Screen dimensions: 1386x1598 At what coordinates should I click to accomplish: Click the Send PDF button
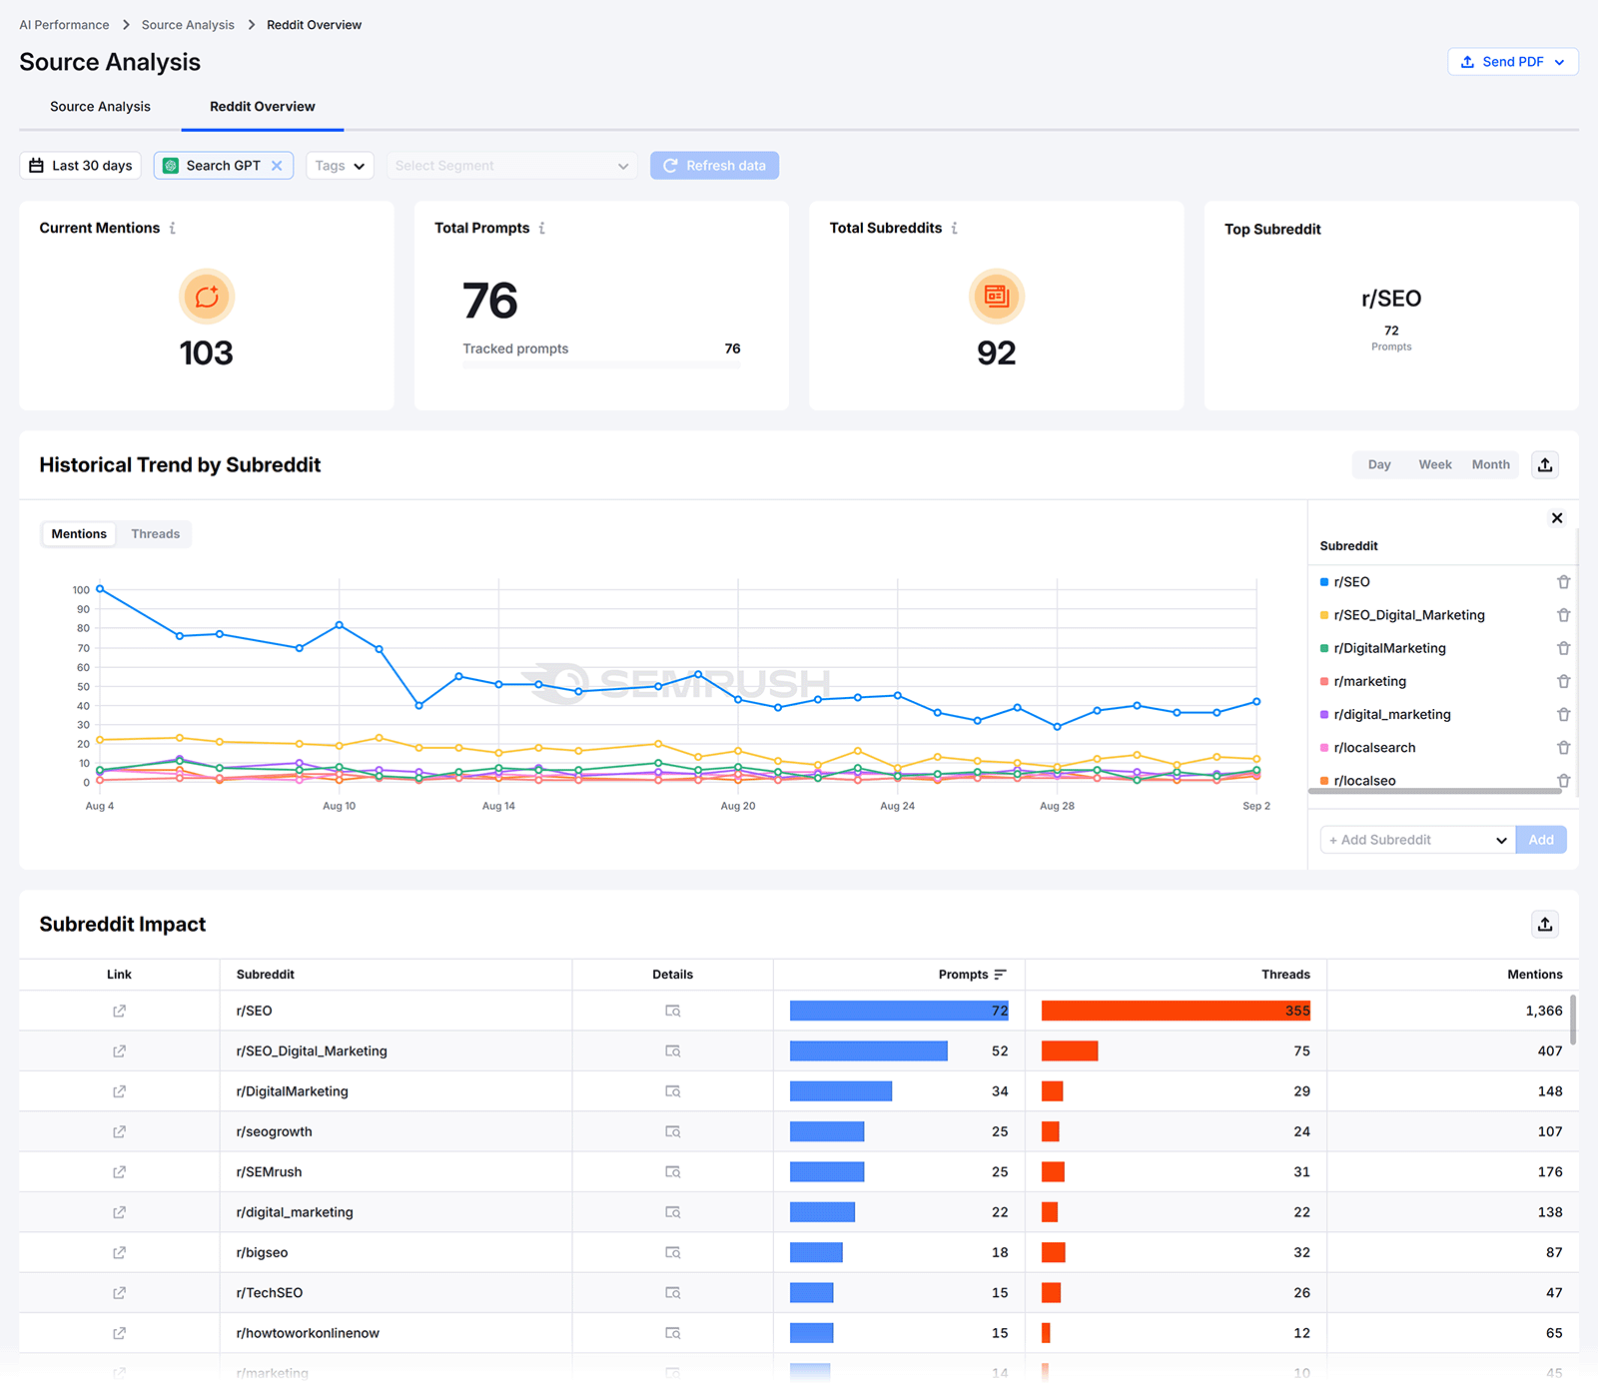pyautogui.click(x=1512, y=62)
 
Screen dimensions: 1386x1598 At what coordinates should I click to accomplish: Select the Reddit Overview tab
pyautogui.click(x=262, y=107)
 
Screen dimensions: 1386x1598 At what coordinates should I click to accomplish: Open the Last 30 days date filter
pyautogui.click(x=81, y=166)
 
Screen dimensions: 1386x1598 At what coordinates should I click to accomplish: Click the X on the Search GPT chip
pyautogui.click(x=277, y=166)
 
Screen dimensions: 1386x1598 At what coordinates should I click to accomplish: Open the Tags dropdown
pyautogui.click(x=340, y=166)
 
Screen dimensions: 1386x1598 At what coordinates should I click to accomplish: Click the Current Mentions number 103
pyautogui.click(x=206, y=353)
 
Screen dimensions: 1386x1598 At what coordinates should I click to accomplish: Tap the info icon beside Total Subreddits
pyautogui.click(x=955, y=229)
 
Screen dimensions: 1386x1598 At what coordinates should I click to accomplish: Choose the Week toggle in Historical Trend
pyautogui.click(x=1434, y=465)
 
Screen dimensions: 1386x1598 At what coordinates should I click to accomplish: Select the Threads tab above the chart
pyautogui.click(x=156, y=534)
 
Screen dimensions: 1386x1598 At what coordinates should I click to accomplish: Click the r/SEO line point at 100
pyautogui.click(x=100, y=589)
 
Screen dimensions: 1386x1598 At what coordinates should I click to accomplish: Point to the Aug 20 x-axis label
pyautogui.click(x=737, y=806)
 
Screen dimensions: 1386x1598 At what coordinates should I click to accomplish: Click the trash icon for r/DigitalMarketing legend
pyautogui.click(x=1563, y=648)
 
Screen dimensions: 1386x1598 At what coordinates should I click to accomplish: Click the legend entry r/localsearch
pyautogui.click(x=1374, y=748)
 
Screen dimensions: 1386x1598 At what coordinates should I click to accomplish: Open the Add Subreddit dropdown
pyautogui.click(x=1416, y=840)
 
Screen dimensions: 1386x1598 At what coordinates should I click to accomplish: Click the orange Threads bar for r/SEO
pyautogui.click(x=1175, y=1011)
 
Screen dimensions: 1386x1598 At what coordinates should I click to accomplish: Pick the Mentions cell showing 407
pyautogui.click(x=1549, y=1051)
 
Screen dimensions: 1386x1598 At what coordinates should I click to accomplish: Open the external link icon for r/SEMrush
pyautogui.click(x=119, y=1172)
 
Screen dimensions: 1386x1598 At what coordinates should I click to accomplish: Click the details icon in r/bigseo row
pyautogui.click(x=672, y=1252)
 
